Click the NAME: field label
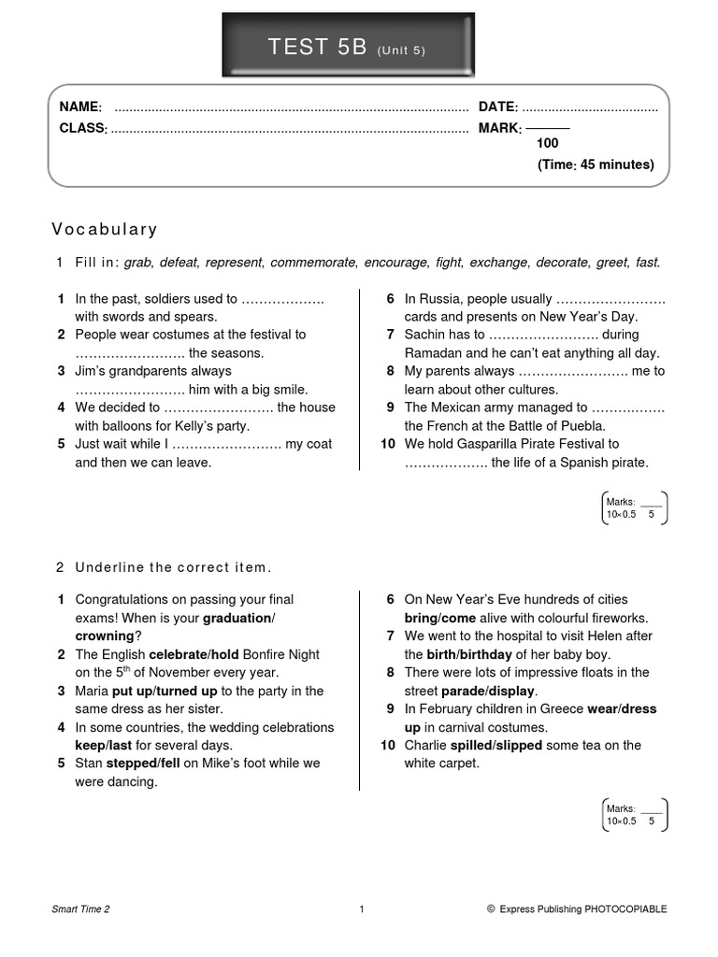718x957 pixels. pos(80,107)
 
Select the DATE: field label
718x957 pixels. pos(498,107)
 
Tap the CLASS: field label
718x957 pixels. pos(83,128)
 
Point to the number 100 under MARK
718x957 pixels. pos(548,144)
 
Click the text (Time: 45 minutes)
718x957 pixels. pos(596,164)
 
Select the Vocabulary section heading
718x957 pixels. pos(105,229)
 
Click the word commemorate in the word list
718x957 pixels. pos(313,264)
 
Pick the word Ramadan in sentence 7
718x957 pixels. pos(435,353)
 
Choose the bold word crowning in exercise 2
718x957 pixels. pos(104,636)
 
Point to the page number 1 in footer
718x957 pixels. pos(361,908)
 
